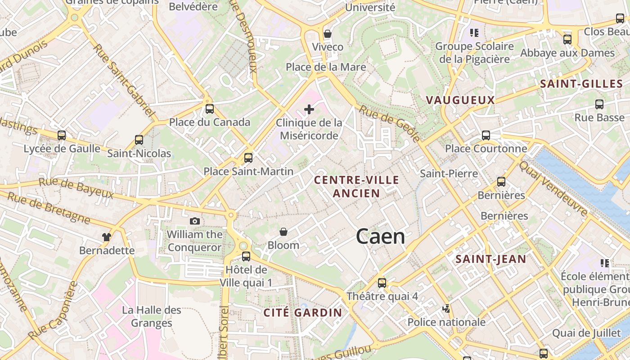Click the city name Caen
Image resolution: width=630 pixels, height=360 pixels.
pyautogui.click(x=380, y=237)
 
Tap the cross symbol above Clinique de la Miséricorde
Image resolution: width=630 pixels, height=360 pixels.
pyautogui.click(x=309, y=109)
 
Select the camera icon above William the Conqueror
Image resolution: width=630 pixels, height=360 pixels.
pyautogui.click(x=195, y=221)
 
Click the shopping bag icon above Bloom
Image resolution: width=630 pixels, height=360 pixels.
pyautogui.click(x=283, y=232)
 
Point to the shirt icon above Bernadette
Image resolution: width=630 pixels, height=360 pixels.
pyautogui.click(x=106, y=237)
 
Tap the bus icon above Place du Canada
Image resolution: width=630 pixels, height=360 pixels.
pyautogui.click(x=210, y=109)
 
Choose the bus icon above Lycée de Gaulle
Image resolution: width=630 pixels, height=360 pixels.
pyautogui.click(x=62, y=135)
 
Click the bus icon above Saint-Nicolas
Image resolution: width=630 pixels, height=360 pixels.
pyautogui.click(x=139, y=140)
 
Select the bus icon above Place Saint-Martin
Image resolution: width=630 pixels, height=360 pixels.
pyautogui.click(x=248, y=158)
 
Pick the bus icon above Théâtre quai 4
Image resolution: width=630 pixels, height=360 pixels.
pyautogui.click(x=382, y=283)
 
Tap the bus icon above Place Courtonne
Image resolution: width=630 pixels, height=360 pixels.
pyautogui.click(x=486, y=135)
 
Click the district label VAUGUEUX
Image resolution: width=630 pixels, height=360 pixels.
pyautogui.click(x=460, y=100)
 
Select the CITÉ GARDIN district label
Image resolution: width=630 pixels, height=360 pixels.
pyautogui.click(x=303, y=312)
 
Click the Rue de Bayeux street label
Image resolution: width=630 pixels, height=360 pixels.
pyautogui.click(x=76, y=188)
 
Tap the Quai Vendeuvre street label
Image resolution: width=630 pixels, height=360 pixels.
pyautogui.click(x=553, y=188)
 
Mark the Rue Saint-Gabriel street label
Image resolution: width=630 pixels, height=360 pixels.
pyautogui.click(x=124, y=79)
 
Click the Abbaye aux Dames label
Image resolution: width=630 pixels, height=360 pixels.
pyautogui.click(x=567, y=53)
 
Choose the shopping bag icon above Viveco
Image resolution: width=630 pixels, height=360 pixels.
pyautogui.click(x=328, y=34)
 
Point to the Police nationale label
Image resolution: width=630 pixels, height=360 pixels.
pyautogui.click(x=446, y=322)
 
